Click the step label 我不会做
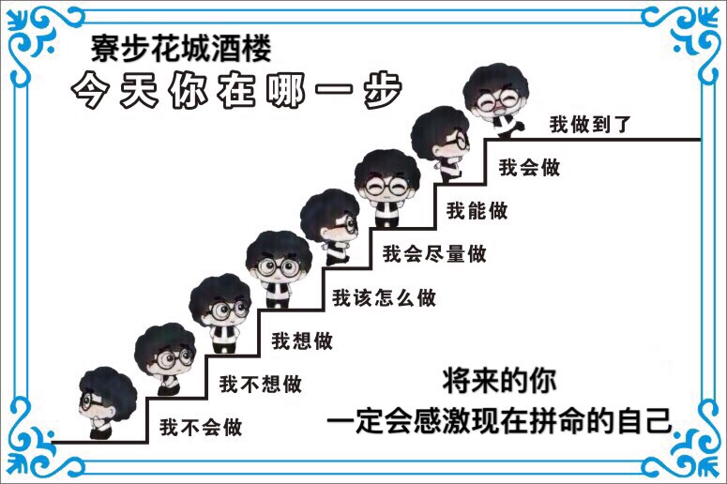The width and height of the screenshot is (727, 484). tap(201, 427)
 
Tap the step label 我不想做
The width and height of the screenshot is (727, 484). tap(261, 385)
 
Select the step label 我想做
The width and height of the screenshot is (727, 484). tap(302, 341)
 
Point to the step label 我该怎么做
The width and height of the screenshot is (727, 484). tap(385, 297)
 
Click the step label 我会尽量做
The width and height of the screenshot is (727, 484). tap(434, 254)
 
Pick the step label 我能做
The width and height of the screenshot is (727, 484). tap(477, 210)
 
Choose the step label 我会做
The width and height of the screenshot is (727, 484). tap(529, 167)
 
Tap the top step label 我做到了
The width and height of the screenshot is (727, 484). tap(590, 124)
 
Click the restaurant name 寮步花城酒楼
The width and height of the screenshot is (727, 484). tap(181, 49)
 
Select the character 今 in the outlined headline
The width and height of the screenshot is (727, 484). tap(90, 90)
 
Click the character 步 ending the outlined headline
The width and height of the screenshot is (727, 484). tap(382, 90)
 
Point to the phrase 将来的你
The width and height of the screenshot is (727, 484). tap(499, 381)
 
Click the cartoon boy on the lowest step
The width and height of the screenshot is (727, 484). tap(107, 402)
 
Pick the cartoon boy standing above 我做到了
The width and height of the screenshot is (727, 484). tap(496, 100)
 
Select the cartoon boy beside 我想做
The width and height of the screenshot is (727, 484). tap(220, 313)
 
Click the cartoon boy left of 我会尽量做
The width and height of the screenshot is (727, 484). tap(329, 227)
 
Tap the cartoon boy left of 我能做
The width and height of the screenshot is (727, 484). tap(387, 189)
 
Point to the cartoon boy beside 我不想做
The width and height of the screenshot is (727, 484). tap(164, 359)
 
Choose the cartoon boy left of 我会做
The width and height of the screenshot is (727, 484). tap(441, 144)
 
